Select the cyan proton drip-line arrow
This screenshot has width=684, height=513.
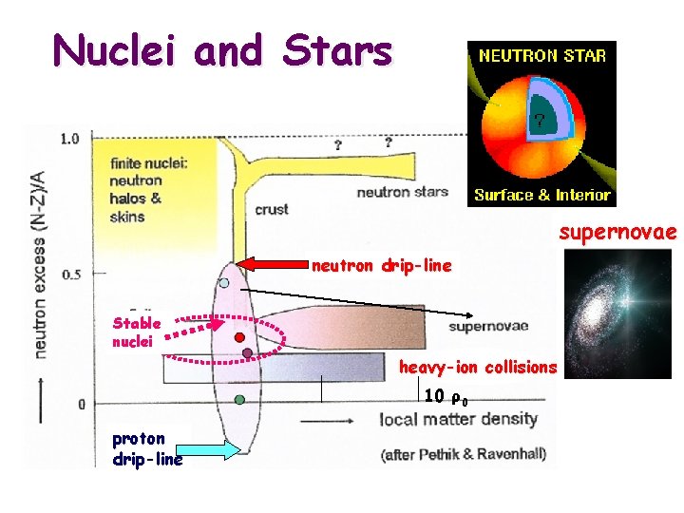pyautogui.click(x=204, y=449)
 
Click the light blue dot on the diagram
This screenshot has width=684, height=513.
pyautogui.click(x=224, y=282)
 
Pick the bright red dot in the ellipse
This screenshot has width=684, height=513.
pyautogui.click(x=240, y=337)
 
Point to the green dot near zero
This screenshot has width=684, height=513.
pyautogui.click(x=239, y=400)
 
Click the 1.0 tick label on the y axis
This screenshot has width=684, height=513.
pyautogui.click(x=69, y=139)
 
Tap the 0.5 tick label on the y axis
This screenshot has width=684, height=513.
pyautogui.click(x=69, y=275)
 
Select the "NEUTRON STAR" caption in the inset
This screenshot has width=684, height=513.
pyautogui.click(x=541, y=55)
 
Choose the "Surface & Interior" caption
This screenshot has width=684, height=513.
pyautogui.click(x=541, y=196)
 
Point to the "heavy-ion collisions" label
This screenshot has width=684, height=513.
pyautogui.click(x=478, y=367)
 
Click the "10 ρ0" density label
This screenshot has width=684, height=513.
pyautogui.click(x=445, y=396)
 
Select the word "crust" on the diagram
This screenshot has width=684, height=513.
pyautogui.click(x=272, y=209)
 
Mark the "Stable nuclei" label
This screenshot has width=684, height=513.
pyautogui.click(x=137, y=332)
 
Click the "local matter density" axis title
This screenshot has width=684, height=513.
pyautogui.click(x=459, y=419)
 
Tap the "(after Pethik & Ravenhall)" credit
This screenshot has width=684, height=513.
pyautogui.click(x=464, y=453)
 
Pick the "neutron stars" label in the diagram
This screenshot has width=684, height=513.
pyautogui.click(x=402, y=192)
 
